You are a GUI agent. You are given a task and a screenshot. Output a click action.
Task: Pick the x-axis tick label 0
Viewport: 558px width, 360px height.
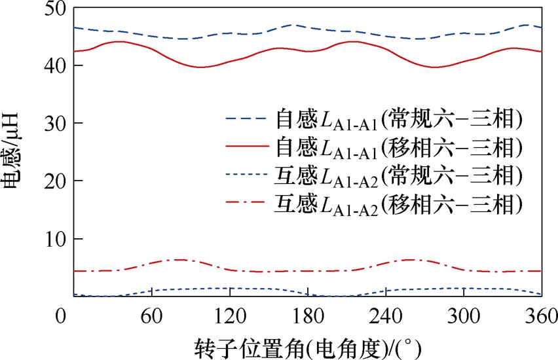pos(62,315)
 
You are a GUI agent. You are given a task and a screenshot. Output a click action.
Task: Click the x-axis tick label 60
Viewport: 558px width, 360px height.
pos(151,315)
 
